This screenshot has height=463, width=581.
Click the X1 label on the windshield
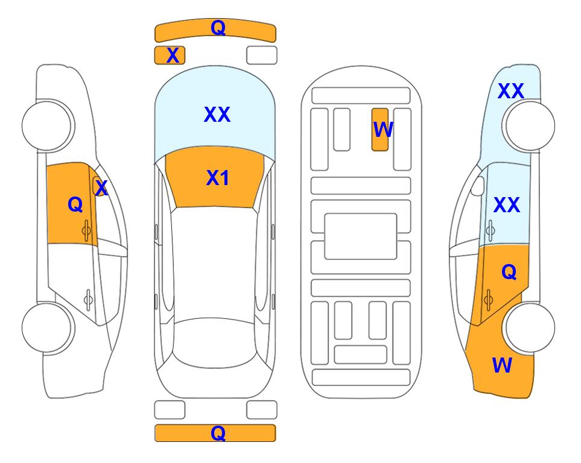(x=218, y=178)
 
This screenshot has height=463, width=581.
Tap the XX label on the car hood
(x=217, y=115)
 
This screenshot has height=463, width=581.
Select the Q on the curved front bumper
(x=218, y=28)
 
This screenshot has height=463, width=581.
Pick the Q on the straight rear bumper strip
(x=218, y=433)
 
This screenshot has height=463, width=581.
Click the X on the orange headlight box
(x=173, y=55)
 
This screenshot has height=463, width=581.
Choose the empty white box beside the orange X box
(x=262, y=55)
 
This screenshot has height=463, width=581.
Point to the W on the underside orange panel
(x=383, y=130)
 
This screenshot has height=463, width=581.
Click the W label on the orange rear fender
(x=502, y=365)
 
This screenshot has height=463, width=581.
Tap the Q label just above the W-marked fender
(x=509, y=272)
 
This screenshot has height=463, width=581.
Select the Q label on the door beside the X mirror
(x=75, y=204)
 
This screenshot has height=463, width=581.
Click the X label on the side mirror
(x=101, y=187)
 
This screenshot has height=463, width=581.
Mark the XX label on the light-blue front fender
(x=510, y=91)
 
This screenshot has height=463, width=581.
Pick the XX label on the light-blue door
(x=507, y=205)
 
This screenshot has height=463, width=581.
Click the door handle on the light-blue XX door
(x=491, y=230)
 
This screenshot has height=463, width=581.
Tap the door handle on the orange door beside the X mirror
(x=86, y=230)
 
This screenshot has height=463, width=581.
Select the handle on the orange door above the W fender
(x=488, y=300)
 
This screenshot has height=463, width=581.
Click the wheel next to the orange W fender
(x=530, y=327)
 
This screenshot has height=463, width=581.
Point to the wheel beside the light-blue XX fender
(x=530, y=127)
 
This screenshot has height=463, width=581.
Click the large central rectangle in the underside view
(x=361, y=236)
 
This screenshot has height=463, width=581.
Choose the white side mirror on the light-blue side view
(x=478, y=186)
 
